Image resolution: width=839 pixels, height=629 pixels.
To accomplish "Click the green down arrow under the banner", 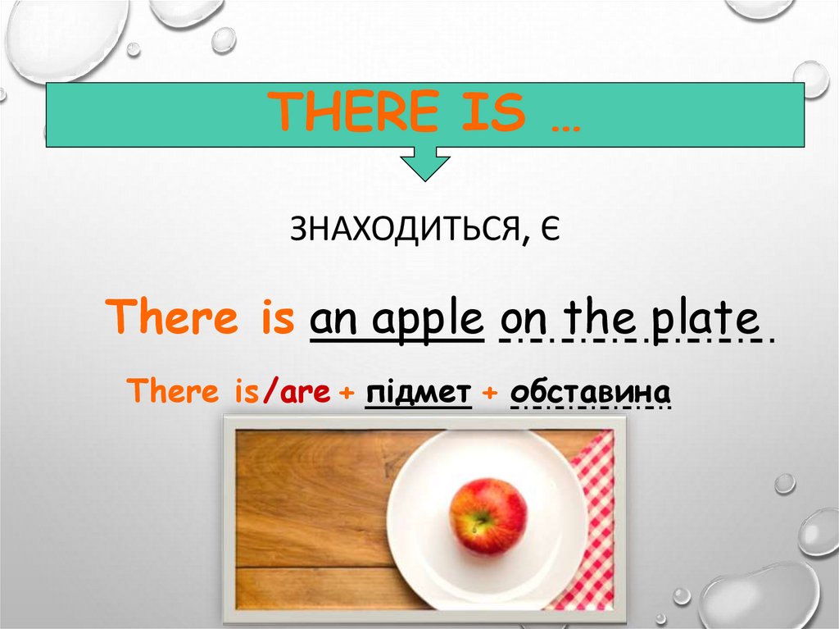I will pyautogui.click(x=424, y=164).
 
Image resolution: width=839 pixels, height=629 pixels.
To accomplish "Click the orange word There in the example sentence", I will pyautogui.click(x=173, y=317).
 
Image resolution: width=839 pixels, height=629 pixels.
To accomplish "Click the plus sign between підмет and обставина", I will pyautogui.click(x=490, y=394).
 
